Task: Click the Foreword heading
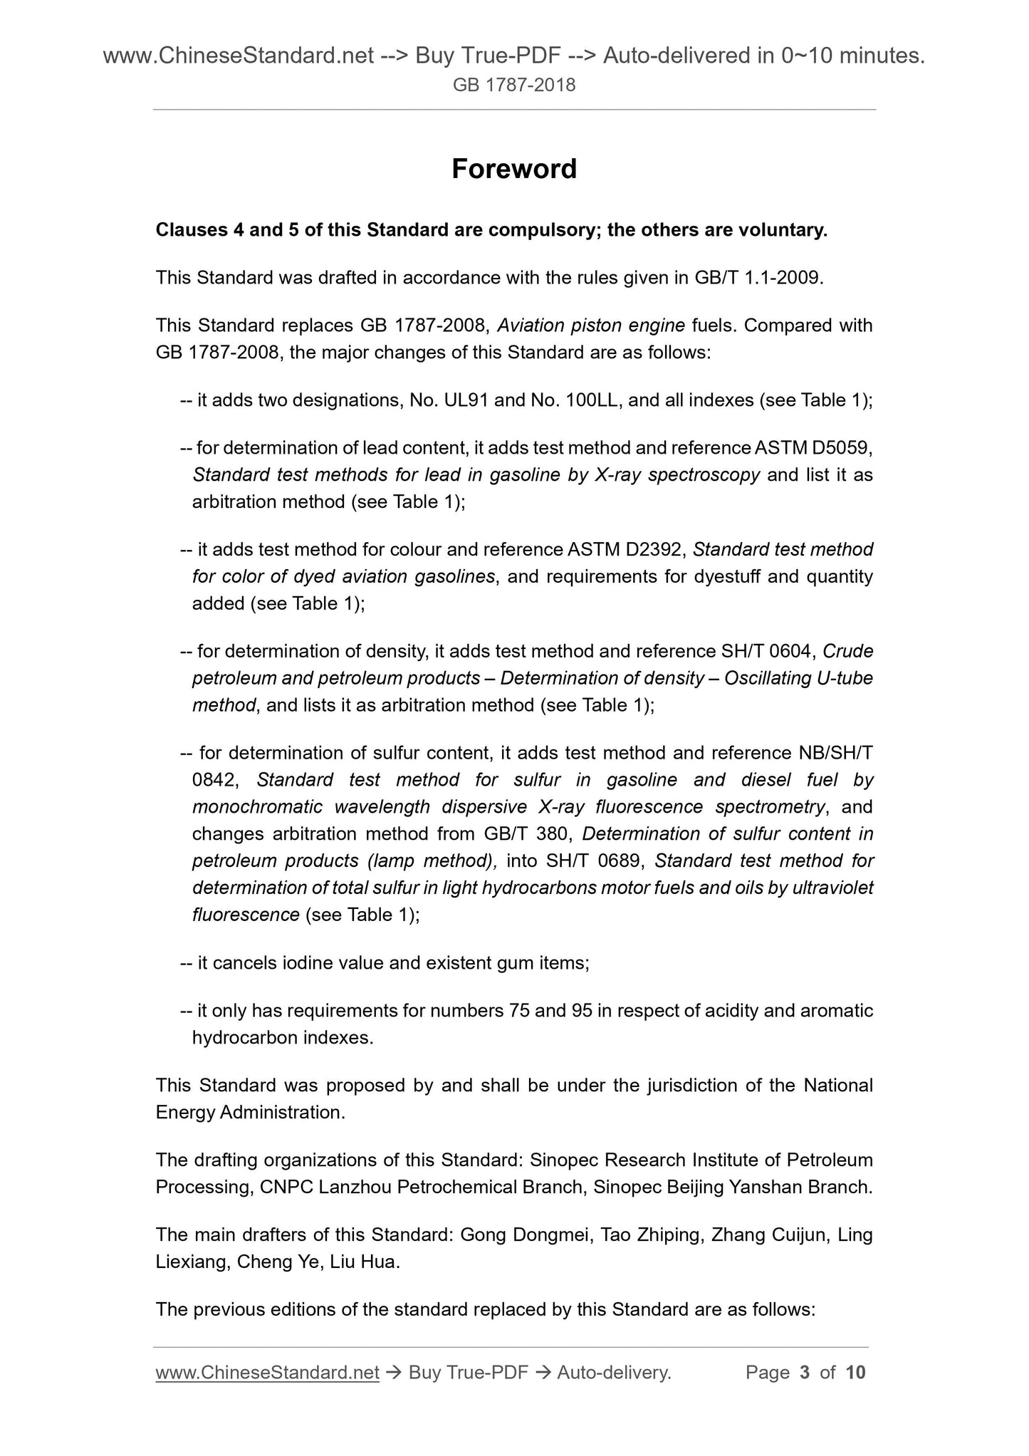pos(513,169)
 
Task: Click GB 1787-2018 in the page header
pos(513,85)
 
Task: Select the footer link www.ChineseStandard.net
pos(267,1372)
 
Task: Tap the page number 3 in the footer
pos(805,1372)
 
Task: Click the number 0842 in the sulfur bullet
pos(214,780)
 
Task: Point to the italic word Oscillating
pos(768,678)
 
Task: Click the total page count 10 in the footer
pos(855,1372)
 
